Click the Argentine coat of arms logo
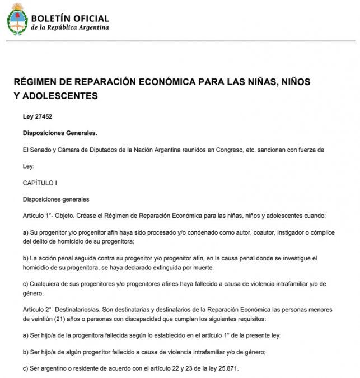(17, 19)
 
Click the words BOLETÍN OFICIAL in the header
(70, 18)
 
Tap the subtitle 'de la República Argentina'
(70, 27)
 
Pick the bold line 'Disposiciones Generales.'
(60, 133)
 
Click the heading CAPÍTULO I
(40, 183)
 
